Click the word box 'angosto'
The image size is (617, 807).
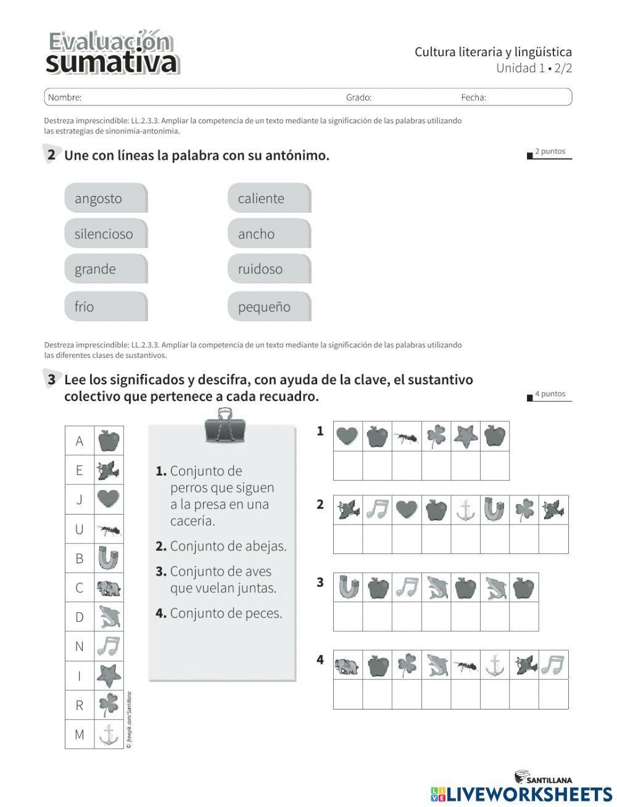[106, 198]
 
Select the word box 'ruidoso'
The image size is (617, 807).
[269, 269]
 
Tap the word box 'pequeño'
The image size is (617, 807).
[269, 307]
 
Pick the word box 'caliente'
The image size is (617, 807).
[269, 198]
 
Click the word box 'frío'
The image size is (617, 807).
[106, 307]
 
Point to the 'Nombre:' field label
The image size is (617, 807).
[65, 97]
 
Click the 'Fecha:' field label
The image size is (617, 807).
[473, 97]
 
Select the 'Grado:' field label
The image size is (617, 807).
[358, 97]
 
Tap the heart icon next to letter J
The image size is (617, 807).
[109, 499]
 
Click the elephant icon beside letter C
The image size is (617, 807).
[109, 588]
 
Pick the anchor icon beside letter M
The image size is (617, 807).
[109, 734]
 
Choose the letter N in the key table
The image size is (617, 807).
[79, 646]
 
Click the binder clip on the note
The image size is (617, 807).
[225, 426]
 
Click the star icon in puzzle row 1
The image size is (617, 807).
[465, 436]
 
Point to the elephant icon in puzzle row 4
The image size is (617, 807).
[347, 665]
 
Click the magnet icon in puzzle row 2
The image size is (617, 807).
[494, 510]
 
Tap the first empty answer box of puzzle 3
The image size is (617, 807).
[347, 616]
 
